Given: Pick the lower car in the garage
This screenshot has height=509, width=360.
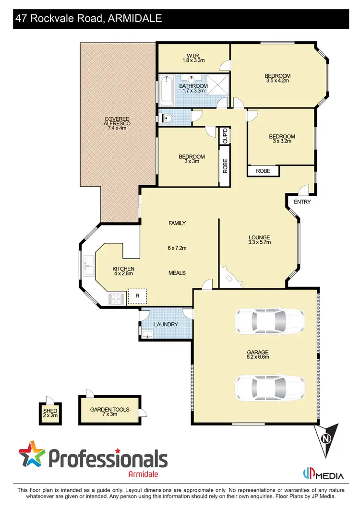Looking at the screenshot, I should point(269,387).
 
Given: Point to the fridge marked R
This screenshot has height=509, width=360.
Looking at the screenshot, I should point(137,296).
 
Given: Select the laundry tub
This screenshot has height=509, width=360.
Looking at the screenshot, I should point(147,334).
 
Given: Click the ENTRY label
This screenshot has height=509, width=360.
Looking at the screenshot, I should point(302,202).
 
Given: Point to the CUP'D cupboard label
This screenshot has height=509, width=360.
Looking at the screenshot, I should point(224,136).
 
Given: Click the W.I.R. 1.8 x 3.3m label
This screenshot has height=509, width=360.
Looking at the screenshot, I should point(193,58).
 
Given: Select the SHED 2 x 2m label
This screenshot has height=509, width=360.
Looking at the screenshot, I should point(50,413).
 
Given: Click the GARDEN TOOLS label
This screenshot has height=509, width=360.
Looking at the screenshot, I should point(110,410).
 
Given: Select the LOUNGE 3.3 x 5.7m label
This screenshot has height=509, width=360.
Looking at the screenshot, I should point(259,239).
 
